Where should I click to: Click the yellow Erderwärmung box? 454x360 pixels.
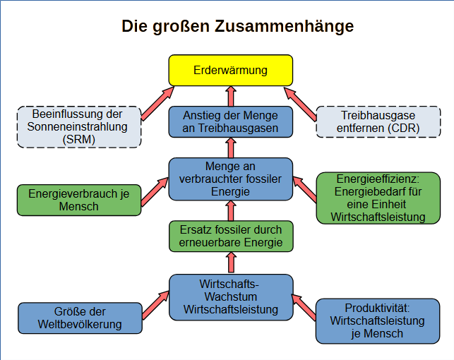(230, 71)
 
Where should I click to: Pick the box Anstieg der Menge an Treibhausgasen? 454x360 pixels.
(230, 121)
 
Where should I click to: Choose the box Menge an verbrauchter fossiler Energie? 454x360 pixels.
(230, 178)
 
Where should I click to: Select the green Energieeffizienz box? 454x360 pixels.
(378, 198)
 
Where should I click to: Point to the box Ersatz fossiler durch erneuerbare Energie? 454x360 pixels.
(230, 236)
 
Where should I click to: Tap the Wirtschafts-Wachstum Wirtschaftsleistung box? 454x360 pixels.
(230, 296)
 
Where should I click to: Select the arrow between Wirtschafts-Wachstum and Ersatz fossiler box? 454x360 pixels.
(230, 263)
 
